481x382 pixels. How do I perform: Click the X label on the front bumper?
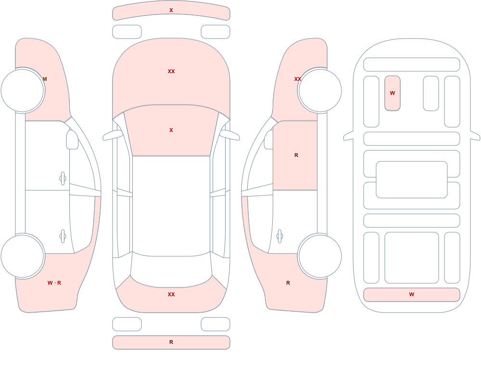click(x=171, y=10)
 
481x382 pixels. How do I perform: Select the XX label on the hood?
click(x=171, y=71)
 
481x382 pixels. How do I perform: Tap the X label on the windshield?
click(x=171, y=130)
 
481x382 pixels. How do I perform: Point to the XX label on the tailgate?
click(x=171, y=294)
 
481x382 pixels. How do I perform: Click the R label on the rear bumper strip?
click(x=171, y=342)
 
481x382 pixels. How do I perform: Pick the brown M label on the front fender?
click(x=45, y=79)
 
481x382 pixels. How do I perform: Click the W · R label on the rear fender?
click(x=54, y=283)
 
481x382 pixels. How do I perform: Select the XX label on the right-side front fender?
click(x=298, y=79)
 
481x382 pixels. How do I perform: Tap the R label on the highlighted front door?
click(x=296, y=155)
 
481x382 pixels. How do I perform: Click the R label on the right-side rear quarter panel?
click(x=288, y=283)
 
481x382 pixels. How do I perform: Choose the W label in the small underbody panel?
click(x=392, y=93)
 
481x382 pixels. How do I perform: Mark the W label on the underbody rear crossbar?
click(x=412, y=294)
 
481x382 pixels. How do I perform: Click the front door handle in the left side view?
click(x=63, y=178)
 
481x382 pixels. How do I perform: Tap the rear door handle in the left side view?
click(x=63, y=237)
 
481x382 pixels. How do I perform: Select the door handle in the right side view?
click(x=279, y=237)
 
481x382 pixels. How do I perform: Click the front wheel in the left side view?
click(x=23, y=91)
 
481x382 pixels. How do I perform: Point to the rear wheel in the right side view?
click(x=320, y=256)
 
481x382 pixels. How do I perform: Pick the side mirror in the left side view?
click(x=72, y=140)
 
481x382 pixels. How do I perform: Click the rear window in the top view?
click(x=171, y=270)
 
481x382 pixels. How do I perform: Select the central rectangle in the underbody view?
click(x=412, y=180)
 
